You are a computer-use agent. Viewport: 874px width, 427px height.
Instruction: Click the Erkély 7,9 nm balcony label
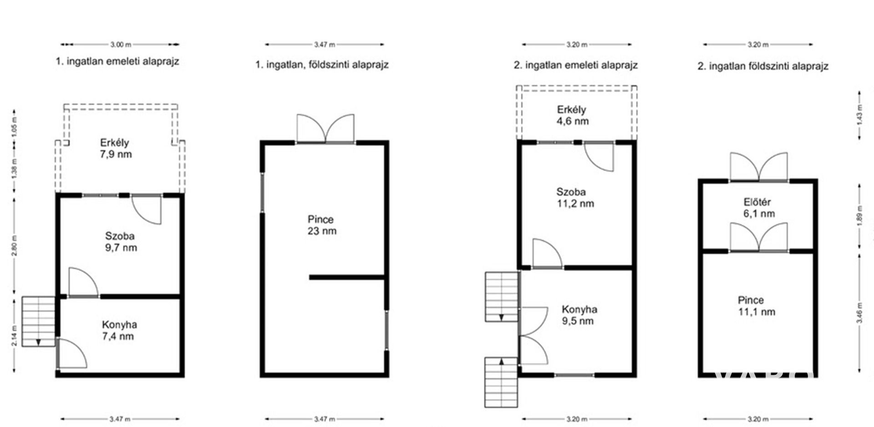point(116,148)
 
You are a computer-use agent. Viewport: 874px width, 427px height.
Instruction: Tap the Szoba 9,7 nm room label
point(121,242)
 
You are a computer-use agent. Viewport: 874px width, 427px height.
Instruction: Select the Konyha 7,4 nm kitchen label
point(119,331)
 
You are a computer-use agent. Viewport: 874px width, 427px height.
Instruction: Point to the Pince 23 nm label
point(321,225)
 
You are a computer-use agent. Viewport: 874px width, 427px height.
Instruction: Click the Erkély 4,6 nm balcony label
point(572,116)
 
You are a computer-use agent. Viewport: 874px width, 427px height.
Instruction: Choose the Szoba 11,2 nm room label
point(575,198)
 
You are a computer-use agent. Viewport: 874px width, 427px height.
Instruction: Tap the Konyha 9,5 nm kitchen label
point(579,315)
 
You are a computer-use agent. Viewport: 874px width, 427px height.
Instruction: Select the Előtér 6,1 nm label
point(758,208)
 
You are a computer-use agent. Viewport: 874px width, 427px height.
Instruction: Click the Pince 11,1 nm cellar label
point(756,306)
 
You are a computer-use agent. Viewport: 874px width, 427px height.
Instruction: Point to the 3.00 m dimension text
point(120,45)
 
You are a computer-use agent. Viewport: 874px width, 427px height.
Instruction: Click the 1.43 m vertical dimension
point(859,116)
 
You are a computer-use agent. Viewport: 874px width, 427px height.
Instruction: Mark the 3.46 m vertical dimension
point(859,313)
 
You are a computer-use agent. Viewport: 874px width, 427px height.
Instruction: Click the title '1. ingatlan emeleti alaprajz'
point(117,61)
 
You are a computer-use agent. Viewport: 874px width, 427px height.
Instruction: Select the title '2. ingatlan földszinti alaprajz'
point(763,66)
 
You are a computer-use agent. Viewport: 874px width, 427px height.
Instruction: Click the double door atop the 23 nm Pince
point(325,129)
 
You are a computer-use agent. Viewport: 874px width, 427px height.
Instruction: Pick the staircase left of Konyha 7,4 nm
point(38,322)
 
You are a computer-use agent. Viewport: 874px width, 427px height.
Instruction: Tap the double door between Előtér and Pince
point(759,237)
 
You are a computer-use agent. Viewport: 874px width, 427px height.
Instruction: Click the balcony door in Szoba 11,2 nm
point(599,156)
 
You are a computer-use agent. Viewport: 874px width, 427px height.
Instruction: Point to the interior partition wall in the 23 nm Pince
point(348,277)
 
